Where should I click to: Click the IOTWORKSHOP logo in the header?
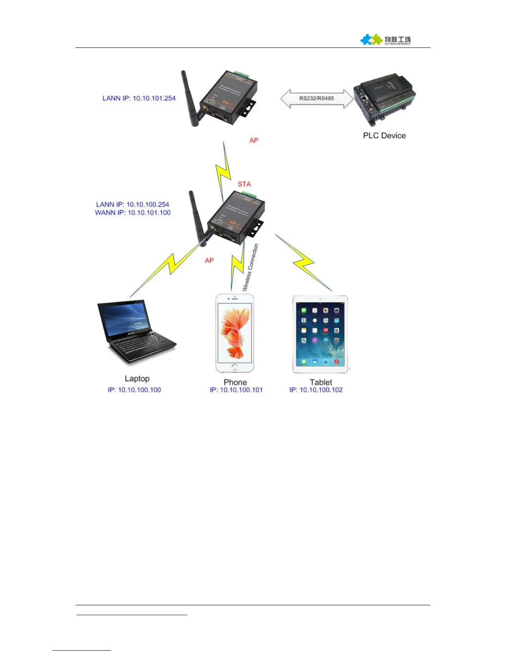pyautogui.click(x=385, y=40)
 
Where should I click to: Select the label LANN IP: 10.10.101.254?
pyautogui.click(x=139, y=98)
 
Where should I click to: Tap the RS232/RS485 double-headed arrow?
pyautogui.click(x=317, y=99)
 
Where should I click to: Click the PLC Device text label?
pyautogui.click(x=384, y=136)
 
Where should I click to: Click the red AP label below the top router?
pyautogui.click(x=254, y=140)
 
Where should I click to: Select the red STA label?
pyautogui.click(x=244, y=184)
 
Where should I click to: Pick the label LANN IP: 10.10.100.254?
pyautogui.click(x=132, y=204)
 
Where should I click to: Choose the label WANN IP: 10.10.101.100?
pyautogui.click(x=133, y=213)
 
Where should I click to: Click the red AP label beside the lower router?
pyautogui.click(x=209, y=261)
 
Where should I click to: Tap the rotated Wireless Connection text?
pyautogui.click(x=251, y=268)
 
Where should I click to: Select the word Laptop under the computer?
pyautogui.click(x=137, y=379)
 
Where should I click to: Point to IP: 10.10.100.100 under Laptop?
pyautogui.click(x=134, y=390)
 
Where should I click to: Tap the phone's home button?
pyautogui.click(x=234, y=367)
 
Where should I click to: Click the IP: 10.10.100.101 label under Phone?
pyautogui.click(x=236, y=390)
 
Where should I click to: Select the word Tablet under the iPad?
pyautogui.click(x=321, y=382)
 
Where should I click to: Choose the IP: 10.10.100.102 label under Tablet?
pyautogui.click(x=316, y=390)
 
